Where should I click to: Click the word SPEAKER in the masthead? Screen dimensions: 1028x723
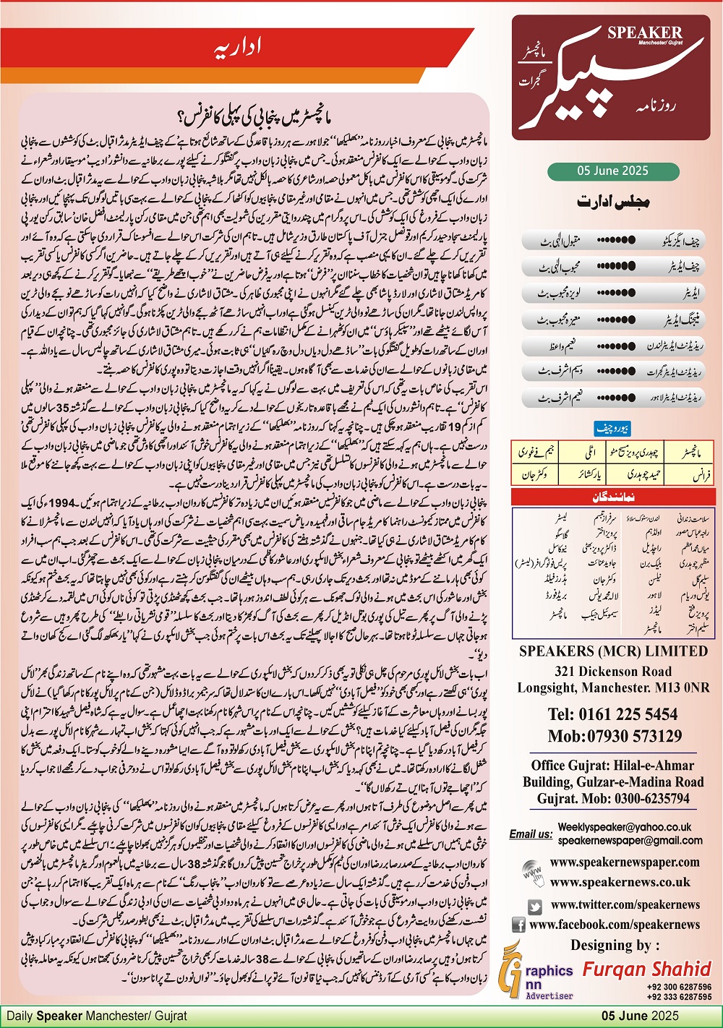point(644,33)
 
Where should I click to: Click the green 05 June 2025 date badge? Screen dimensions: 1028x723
point(612,171)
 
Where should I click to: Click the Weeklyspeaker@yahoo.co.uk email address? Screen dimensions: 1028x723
point(625,826)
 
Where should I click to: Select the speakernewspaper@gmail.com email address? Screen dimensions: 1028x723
point(630,840)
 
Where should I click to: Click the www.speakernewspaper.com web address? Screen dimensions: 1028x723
point(625,862)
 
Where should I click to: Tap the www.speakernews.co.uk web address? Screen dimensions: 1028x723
point(620,882)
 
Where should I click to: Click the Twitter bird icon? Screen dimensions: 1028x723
point(535,905)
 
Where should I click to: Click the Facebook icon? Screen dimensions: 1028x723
point(518,925)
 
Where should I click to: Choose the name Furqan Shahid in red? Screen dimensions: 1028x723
point(647,969)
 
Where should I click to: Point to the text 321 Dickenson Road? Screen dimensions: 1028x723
point(613,672)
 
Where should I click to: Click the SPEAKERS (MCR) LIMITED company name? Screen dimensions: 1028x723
point(613,651)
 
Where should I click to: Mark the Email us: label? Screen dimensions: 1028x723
point(531,834)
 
